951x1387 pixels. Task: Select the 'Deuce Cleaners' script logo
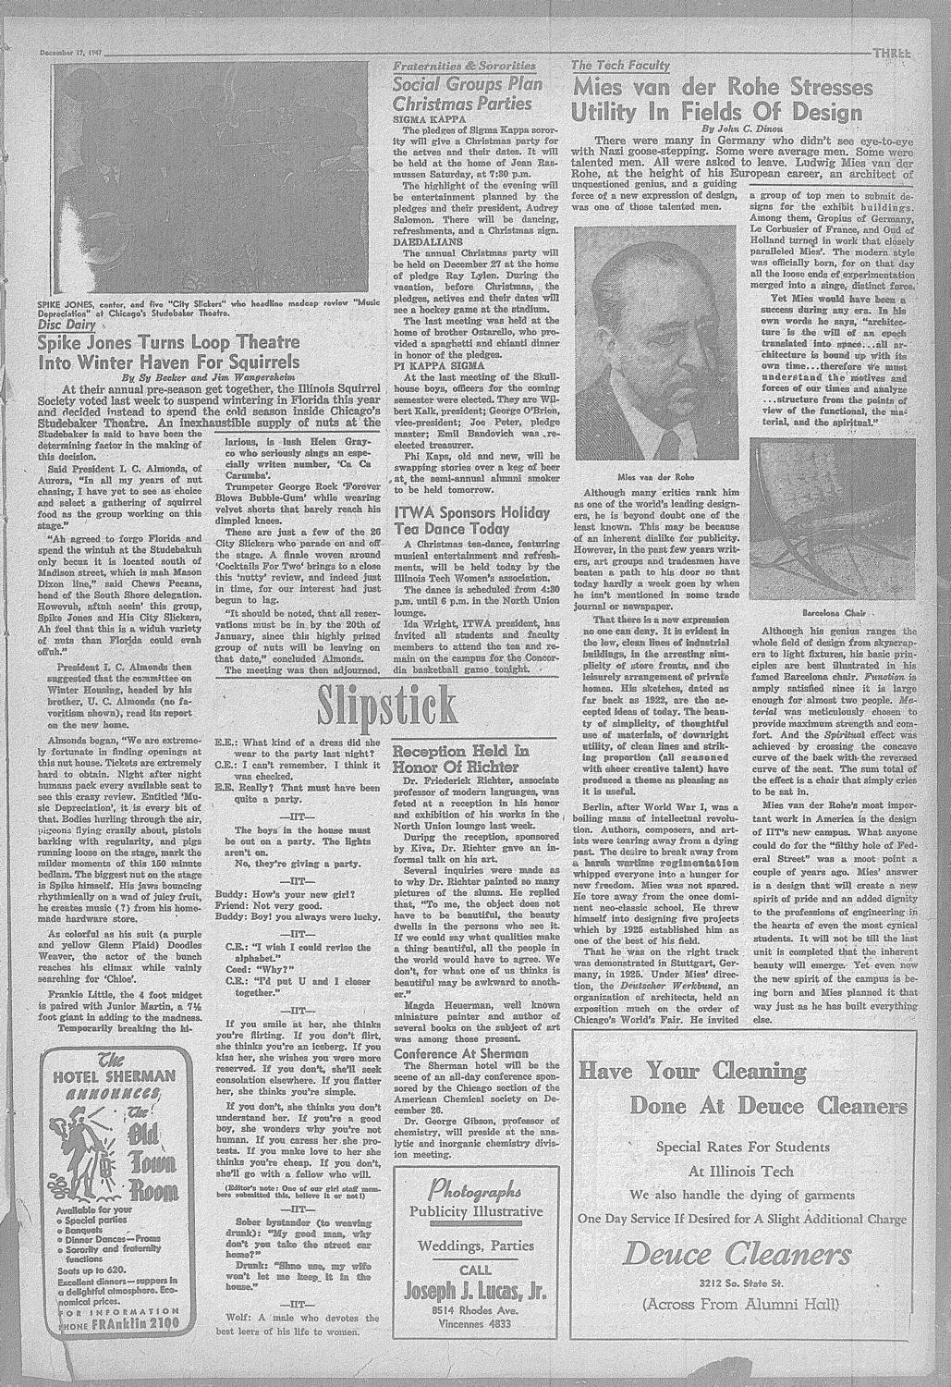(x=750, y=1254)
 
